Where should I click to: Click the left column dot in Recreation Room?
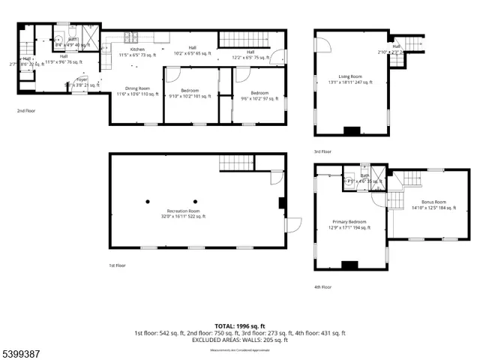148,202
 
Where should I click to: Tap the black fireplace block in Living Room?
350,131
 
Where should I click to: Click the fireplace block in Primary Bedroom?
349,265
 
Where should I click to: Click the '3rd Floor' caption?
323,151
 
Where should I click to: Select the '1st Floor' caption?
118,265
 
